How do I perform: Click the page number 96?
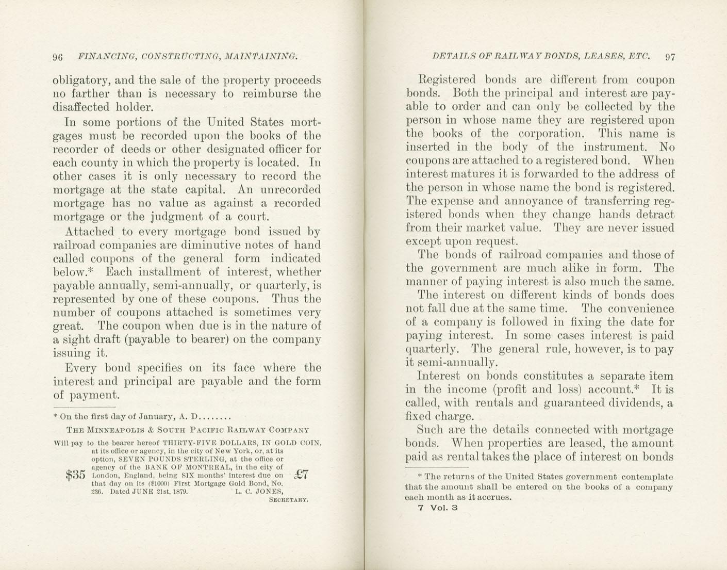click(58, 57)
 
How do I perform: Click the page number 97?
click(670, 57)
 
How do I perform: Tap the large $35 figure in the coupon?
click(75, 475)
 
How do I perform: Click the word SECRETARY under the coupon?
click(289, 500)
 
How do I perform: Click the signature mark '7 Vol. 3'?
click(438, 508)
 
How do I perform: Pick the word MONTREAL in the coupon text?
click(190, 467)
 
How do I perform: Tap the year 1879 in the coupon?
click(179, 492)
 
